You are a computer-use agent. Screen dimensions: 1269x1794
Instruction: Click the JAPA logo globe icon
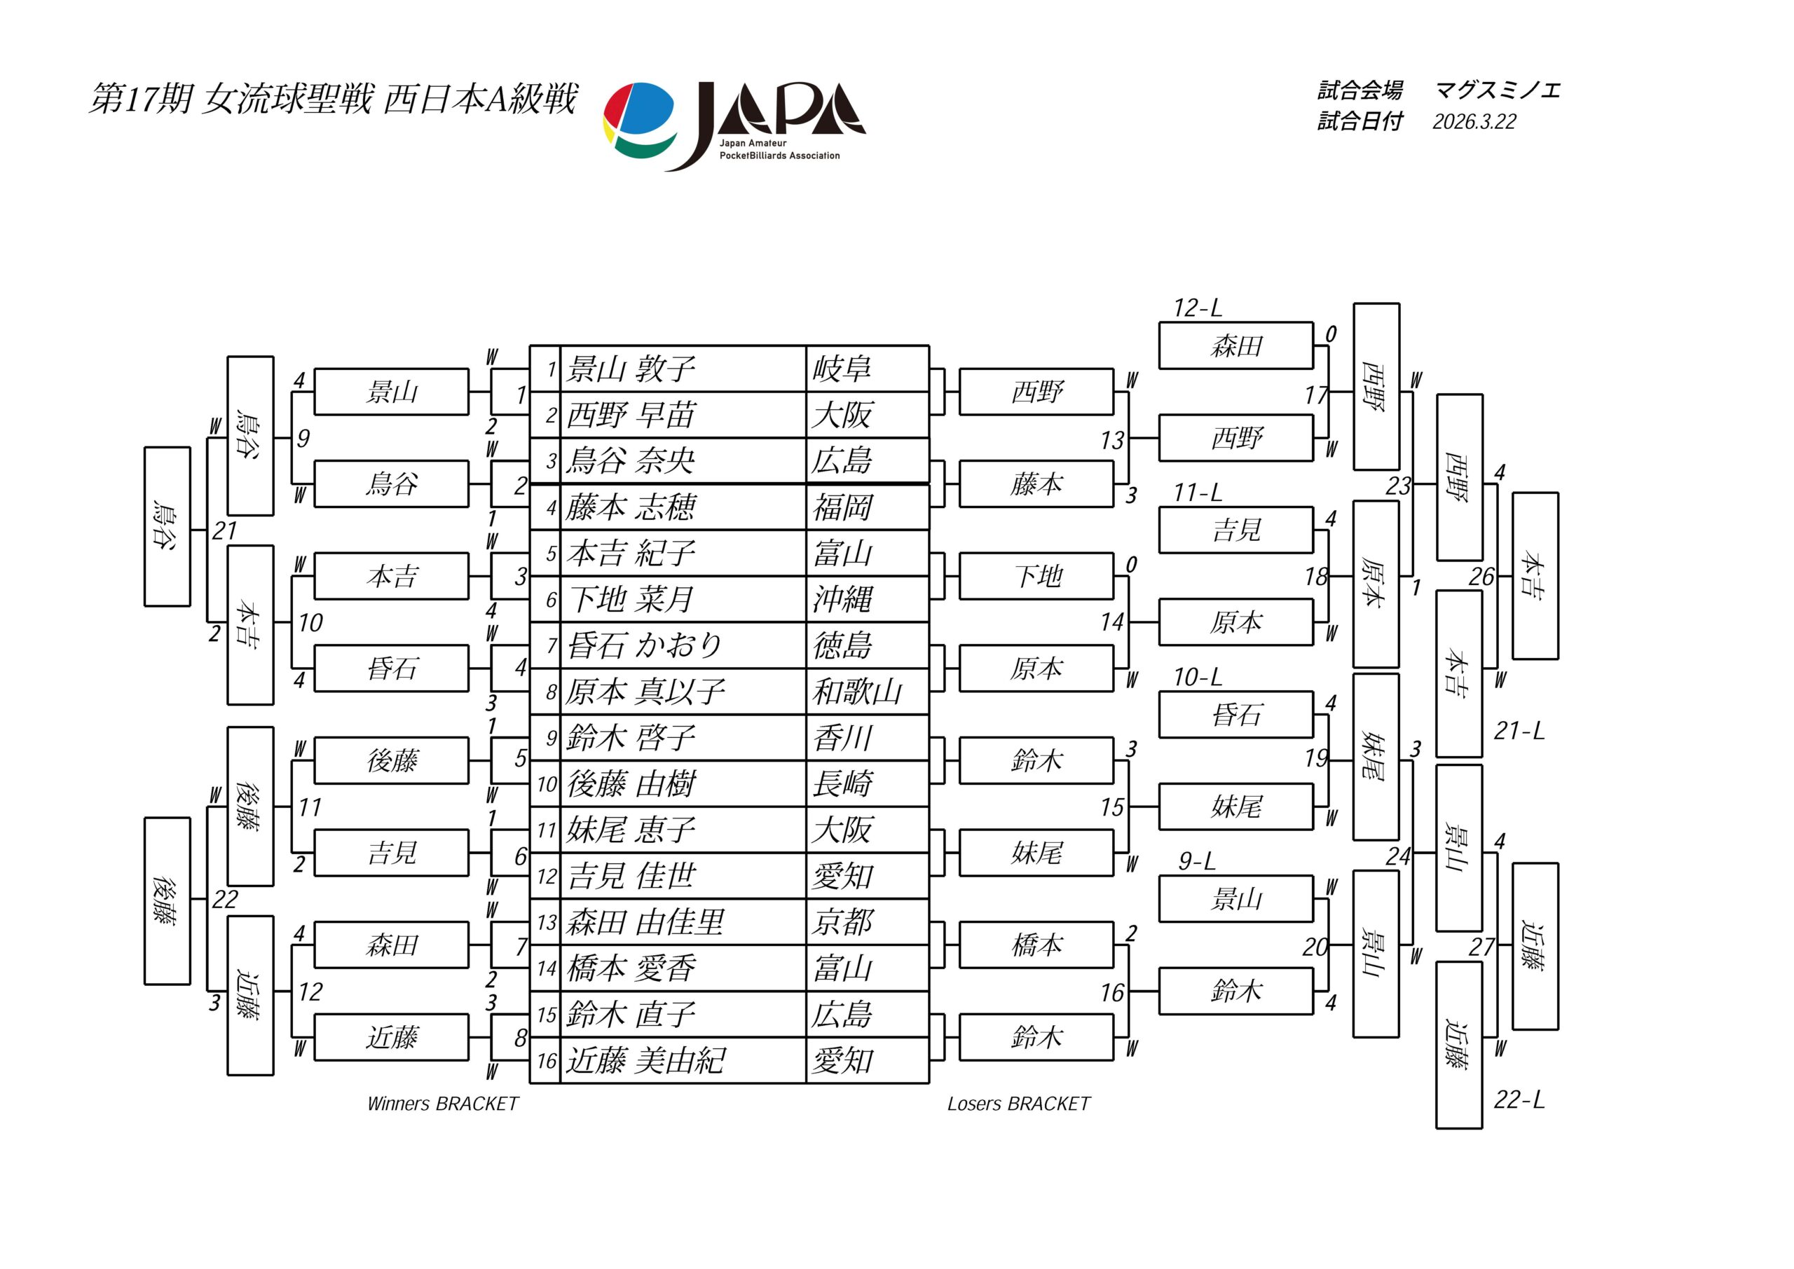coord(639,118)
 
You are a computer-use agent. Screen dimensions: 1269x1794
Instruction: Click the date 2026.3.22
coord(1474,122)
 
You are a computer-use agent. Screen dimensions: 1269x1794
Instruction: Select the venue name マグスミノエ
coord(1497,90)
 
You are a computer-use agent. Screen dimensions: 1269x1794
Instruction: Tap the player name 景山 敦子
coord(631,369)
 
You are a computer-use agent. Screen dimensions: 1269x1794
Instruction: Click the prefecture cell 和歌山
coord(857,692)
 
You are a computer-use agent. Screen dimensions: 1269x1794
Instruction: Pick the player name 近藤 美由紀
coord(645,1060)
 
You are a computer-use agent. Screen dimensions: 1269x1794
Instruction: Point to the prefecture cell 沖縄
coord(842,599)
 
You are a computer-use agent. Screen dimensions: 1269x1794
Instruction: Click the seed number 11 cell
coord(545,830)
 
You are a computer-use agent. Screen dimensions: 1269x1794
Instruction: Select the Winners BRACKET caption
coord(442,1104)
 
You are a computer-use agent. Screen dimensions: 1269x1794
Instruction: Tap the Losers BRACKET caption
coord(1018,1104)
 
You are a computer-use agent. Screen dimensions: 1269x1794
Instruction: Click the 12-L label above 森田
coord(1197,308)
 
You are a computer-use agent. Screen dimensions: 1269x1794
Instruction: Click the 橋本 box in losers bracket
coord(1036,945)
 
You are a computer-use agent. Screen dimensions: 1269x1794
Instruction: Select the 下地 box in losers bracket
coord(1036,577)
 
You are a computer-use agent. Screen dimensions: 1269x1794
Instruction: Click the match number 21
coord(224,530)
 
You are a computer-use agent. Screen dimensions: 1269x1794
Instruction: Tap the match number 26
coord(1481,577)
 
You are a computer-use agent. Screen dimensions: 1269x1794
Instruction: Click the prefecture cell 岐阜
coord(842,369)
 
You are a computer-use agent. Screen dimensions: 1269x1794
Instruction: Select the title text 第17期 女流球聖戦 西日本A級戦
coord(333,100)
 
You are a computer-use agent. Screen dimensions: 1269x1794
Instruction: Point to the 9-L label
coord(1197,861)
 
